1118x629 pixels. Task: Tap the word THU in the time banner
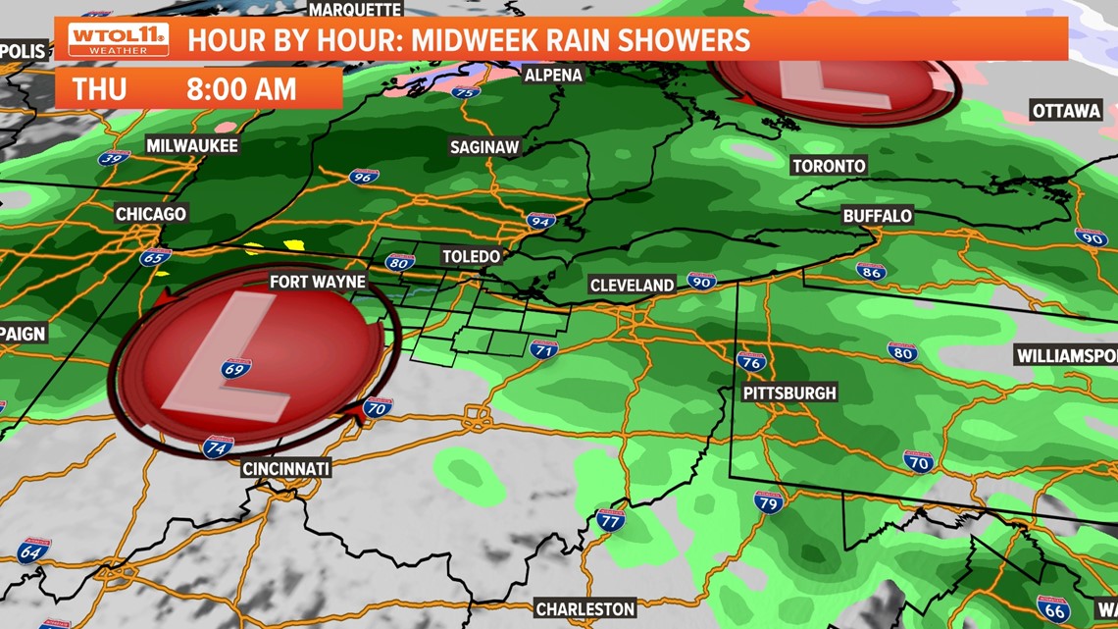pos(99,89)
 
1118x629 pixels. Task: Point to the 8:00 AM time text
pos(241,89)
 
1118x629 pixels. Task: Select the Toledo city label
pos(471,256)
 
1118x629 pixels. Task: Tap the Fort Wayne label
pos(317,282)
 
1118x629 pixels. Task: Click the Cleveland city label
pos(632,286)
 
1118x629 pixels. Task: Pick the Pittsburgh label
pos(789,393)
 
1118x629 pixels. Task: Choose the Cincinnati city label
pos(285,468)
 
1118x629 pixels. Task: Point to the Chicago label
pos(150,214)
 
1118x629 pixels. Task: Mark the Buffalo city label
pos(877,216)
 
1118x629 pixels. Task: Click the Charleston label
pos(584,609)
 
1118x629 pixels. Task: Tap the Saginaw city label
pos(483,147)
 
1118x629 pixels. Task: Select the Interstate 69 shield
pos(235,369)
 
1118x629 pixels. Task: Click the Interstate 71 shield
pos(544,349)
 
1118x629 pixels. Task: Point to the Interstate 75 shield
pos(466,92)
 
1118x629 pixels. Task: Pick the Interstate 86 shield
pos(870,271)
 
